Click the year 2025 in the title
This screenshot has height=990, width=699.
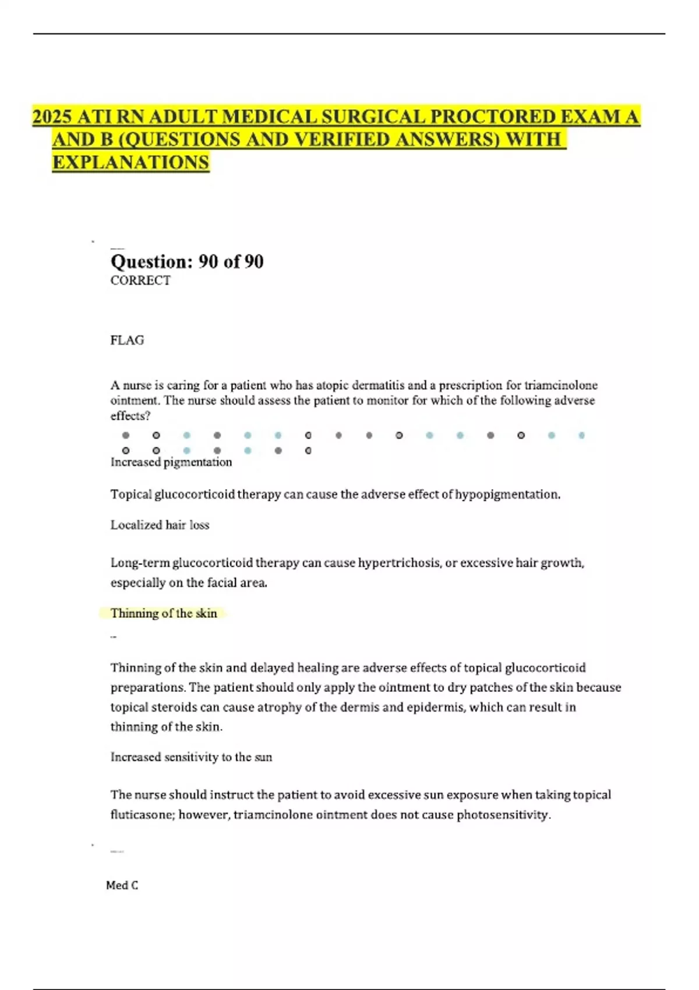tap(52, 117)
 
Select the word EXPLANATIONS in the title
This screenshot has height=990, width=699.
tap(130, 162)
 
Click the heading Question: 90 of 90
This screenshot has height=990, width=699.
tap(187, 261)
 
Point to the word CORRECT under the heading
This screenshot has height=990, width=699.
tap(140, 281)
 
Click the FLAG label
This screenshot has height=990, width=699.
tap(127, 340)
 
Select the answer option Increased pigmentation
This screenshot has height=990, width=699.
tap(171, 462)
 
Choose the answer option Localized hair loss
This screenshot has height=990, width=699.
tap(160, 525)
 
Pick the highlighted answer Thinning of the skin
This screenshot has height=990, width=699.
tap(164, 613)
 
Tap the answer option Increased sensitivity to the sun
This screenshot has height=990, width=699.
tap(191, 757)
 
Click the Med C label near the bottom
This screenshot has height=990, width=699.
tap(122, 886)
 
